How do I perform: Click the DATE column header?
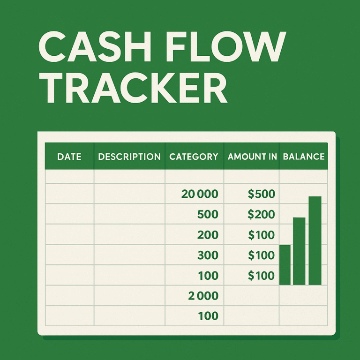coord(69,157)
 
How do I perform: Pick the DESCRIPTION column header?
coord(129,157)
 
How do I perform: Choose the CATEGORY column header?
coord(194,157)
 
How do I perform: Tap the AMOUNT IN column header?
coord(252,157)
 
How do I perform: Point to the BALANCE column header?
coord(304,157)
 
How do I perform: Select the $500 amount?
coord(261,194)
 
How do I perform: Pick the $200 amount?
coord(261,214)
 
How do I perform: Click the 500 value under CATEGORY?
coord(208,214)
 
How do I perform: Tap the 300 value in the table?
coord(208,255)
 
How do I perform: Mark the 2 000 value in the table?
coord(203,296)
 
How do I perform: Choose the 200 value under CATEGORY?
coord(208,235)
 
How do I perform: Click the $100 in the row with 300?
coord(261,255)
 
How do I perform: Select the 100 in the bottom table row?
coord(208,316)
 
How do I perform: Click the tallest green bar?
coord(315,240)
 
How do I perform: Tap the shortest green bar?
coord(285,265)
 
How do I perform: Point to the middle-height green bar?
coord(299,251)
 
